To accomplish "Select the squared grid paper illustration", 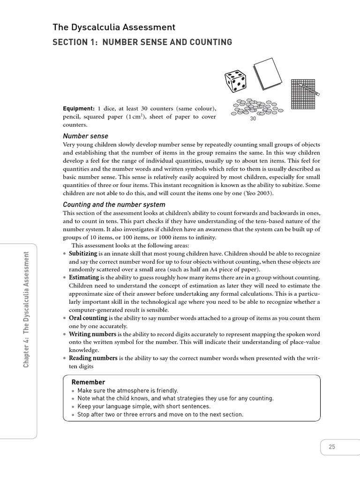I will point(302,94).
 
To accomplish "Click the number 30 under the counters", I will point(253,119).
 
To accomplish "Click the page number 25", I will point(332,447).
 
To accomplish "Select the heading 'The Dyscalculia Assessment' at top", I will point(114,28).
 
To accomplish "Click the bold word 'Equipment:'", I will point(78,109).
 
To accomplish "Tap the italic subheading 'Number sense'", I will point(85,136).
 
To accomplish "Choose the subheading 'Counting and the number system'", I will point(114,204).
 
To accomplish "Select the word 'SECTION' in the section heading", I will point(73,43).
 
